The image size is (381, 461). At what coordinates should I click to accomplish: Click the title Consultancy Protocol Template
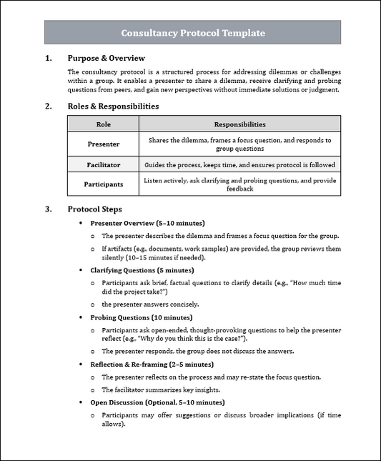coord(192,33)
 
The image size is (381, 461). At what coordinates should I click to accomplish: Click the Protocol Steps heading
coord(94,209)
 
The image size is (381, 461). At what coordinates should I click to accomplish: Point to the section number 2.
coord(48,106)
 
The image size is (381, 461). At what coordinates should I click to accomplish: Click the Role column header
coord(103,124)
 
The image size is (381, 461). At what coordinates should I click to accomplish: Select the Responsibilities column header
coord(239,124)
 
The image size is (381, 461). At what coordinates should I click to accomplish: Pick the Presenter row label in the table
coord(103,144)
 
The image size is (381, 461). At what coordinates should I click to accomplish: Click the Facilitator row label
coord(103,164)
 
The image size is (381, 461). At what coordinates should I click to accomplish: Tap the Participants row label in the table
coord(103,184)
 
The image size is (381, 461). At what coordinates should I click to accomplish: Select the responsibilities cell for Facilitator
coord(239,164)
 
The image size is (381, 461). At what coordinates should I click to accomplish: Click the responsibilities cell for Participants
coord(239,184)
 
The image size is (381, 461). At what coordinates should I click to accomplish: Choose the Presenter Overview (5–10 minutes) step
coord(147,223)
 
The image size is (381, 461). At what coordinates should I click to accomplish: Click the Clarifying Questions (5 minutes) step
coord(142,270)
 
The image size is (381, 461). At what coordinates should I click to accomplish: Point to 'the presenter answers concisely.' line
coord(150,304)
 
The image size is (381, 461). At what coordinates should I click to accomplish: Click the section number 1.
coord(48,58)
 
